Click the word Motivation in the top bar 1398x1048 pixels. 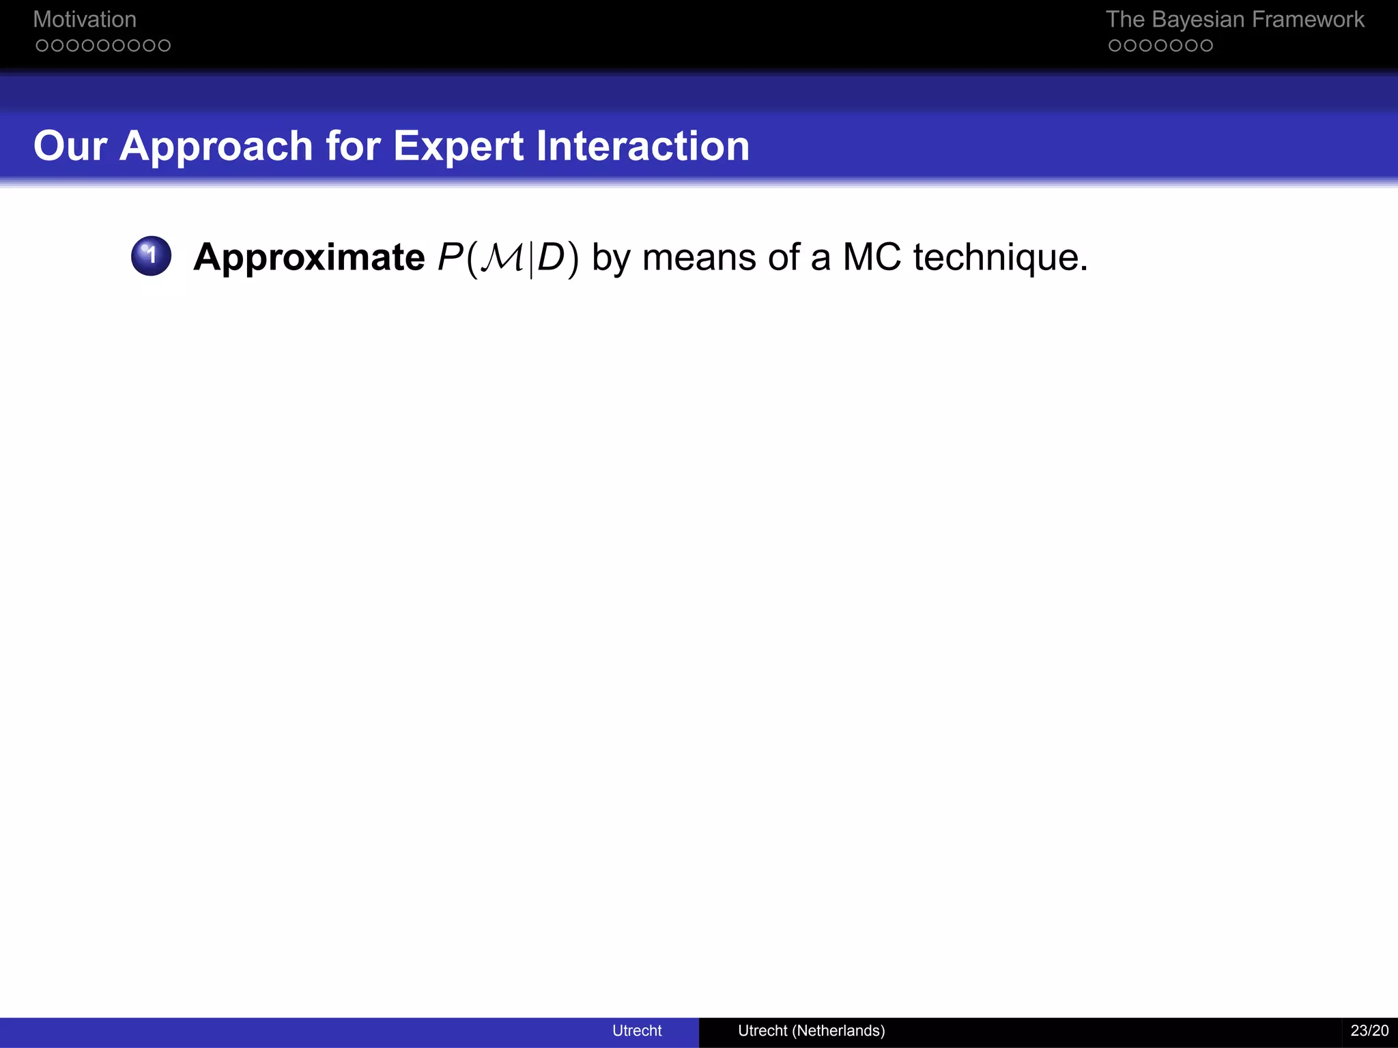coord(85,20)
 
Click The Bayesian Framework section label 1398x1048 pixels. coord(1234,20)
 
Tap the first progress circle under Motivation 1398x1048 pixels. coord(42,46)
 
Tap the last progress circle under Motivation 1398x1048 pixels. coord(164,46)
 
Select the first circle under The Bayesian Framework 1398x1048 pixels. coord(1115,46)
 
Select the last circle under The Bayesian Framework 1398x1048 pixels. coord(1206,46)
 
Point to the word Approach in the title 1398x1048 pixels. coord(216,147)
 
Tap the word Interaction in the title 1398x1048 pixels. coord(642,146)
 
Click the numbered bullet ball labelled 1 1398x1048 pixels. coord(151,256)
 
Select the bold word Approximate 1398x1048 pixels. coord(309,258)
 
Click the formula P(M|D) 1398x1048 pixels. coord(508,258)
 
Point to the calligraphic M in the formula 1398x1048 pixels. coord(502,258)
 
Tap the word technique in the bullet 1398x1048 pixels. coord(1000,258)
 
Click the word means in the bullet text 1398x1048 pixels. coord(699,258)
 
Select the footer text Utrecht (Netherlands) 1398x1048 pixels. coord(811,1030)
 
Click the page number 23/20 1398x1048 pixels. coord(1369,1030)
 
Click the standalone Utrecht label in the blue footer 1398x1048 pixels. coord(637,1030)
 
